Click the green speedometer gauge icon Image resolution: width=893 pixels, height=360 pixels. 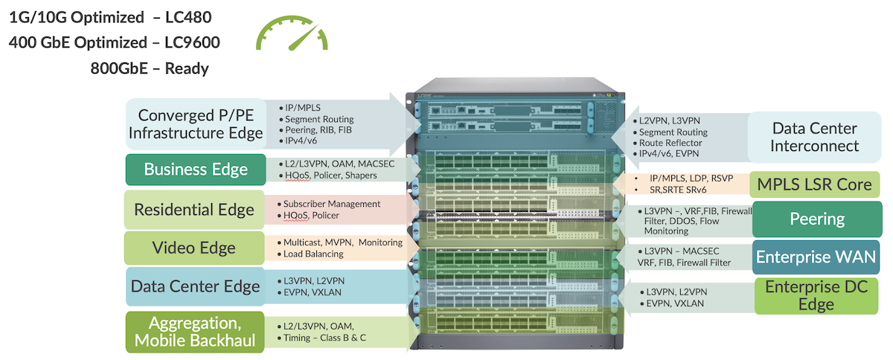(x=291, y=36)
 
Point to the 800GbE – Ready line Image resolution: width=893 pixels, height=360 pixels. (x=149, y=68)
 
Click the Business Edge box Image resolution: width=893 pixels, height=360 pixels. (x=196, y=170)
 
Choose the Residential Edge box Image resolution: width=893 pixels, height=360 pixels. (x=194, y=209)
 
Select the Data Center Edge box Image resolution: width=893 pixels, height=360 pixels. (x=195, y=286)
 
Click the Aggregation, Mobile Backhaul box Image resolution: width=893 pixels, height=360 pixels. (x=195, y=332)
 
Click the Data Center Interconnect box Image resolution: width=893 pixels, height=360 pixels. (x=814, y=138)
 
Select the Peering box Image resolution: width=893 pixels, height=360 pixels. (x=817, y=219)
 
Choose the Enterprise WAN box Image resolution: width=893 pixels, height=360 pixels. (x=816, y=257)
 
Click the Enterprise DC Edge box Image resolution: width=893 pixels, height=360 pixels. (x=816, y=296)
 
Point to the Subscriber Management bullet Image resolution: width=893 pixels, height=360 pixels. (x=331, y=204)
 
